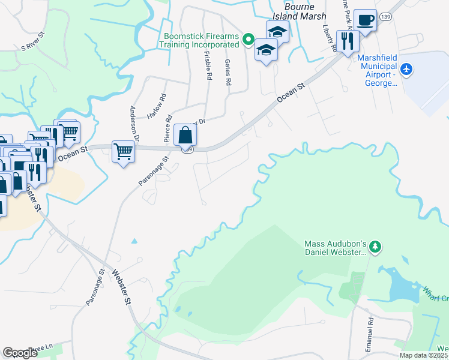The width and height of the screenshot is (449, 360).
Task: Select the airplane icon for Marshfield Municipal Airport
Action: pyautogui.click(x=407, y=70)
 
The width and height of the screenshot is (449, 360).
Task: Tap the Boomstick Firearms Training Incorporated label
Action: pyautogui.click(x=199, y=41)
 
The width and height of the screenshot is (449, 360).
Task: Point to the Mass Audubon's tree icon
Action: pyautogui.click(x=375, y=247)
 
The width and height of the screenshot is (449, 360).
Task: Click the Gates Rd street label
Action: pyautogui.click(x=228, y=72)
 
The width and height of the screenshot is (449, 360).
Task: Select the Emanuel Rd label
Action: pyautogui.click(x=370, y=329)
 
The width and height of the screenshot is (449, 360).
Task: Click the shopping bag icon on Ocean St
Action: pyautogui.click(x=185, y=135)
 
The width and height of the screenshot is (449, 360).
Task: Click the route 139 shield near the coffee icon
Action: pyautogui.click(x=386, y=19)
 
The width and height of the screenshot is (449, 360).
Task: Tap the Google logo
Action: pyautogui.click(x=20, y=353)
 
